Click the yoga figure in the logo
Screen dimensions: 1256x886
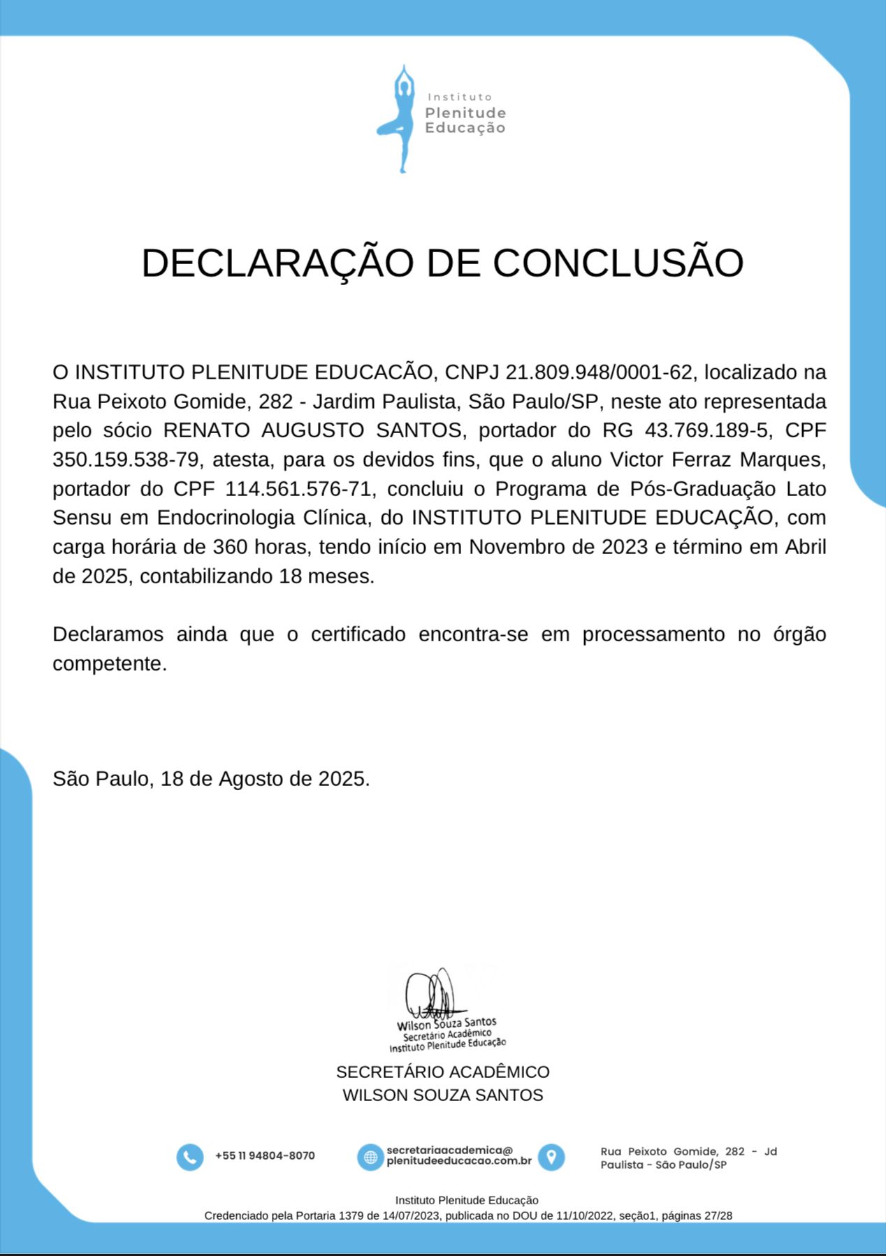[400, 119]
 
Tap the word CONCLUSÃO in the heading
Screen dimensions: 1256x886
[618, 263]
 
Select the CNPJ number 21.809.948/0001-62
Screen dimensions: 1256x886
[598, 372]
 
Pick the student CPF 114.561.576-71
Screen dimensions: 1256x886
[298, 489]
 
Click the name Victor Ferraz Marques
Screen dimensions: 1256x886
[718, 460]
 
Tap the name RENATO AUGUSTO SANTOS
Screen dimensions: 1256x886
[312, 430]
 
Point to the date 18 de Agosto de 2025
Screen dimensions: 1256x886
[263, 779]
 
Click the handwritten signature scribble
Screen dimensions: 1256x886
[433, 993]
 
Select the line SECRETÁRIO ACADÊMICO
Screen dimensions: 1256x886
[442, 1072]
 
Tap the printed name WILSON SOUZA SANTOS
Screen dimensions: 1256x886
[442, 1095]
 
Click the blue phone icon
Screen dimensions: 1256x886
[189, 1157]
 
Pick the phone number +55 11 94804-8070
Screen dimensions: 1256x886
[265, 1156]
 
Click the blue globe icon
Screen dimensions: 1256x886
[370, 1157]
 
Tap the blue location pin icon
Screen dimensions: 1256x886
[551, 1157]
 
